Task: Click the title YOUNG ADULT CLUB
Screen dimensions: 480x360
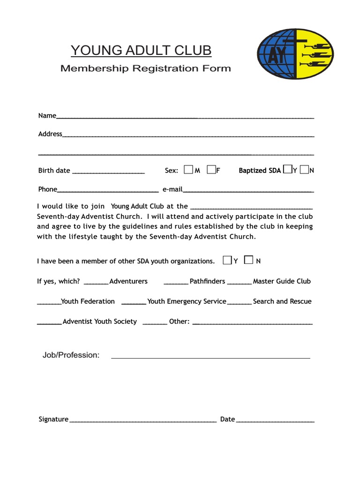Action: click(141, 50)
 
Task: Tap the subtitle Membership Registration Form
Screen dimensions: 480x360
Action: click(145, 68)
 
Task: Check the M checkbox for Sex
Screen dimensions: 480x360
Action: click(188, 170)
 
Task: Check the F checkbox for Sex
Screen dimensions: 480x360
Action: click(210, 170)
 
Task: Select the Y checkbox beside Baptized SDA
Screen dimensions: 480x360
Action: click(287, 169)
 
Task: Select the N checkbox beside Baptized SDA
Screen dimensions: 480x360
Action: click(304, 169)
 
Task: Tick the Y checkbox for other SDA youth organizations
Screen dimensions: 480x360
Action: click(227, 260)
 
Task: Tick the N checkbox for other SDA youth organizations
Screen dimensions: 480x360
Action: click(249, 260)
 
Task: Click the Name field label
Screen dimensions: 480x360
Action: click(47, 116)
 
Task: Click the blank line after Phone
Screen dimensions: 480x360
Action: click(107, 191)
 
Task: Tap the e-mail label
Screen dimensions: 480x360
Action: click(172, 189)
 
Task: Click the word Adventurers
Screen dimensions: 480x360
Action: click(128, 281)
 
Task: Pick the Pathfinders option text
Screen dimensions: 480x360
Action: click(207, 281)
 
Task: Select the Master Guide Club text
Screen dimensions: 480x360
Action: click(282, 281)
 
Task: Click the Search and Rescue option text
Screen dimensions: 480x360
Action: click(282, 301)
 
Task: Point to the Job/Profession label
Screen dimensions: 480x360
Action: click(71, 355)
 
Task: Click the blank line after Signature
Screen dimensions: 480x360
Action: click(143, 421)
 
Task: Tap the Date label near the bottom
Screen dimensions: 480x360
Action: click(227, 419)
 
